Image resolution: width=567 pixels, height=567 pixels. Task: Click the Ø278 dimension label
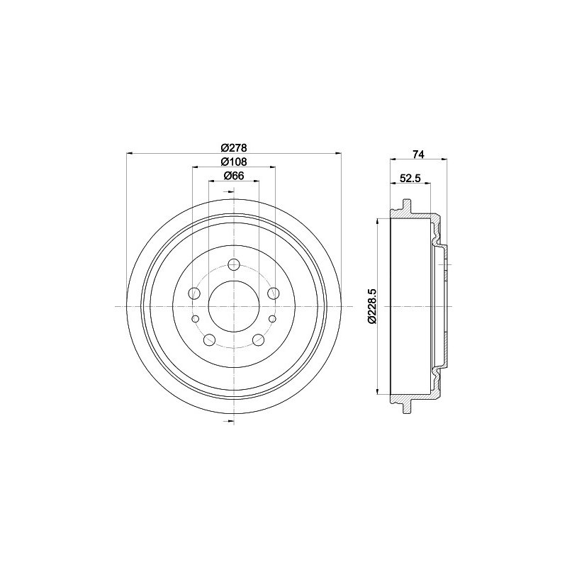pos(234,147)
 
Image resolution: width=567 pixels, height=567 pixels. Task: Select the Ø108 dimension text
pos(234,162)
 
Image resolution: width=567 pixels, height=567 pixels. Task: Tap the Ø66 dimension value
pos(234,176)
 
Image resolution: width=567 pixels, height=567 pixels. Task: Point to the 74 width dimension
pos(418,154)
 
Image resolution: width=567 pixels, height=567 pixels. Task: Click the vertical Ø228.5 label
pos(373,306)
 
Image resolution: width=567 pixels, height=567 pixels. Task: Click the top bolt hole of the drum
pos(235,264)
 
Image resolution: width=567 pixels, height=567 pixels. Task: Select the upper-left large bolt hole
pos(194,293)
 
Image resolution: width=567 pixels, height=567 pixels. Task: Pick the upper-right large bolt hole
pos(274,293)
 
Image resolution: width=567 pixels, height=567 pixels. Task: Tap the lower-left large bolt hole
pos(210,339)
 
